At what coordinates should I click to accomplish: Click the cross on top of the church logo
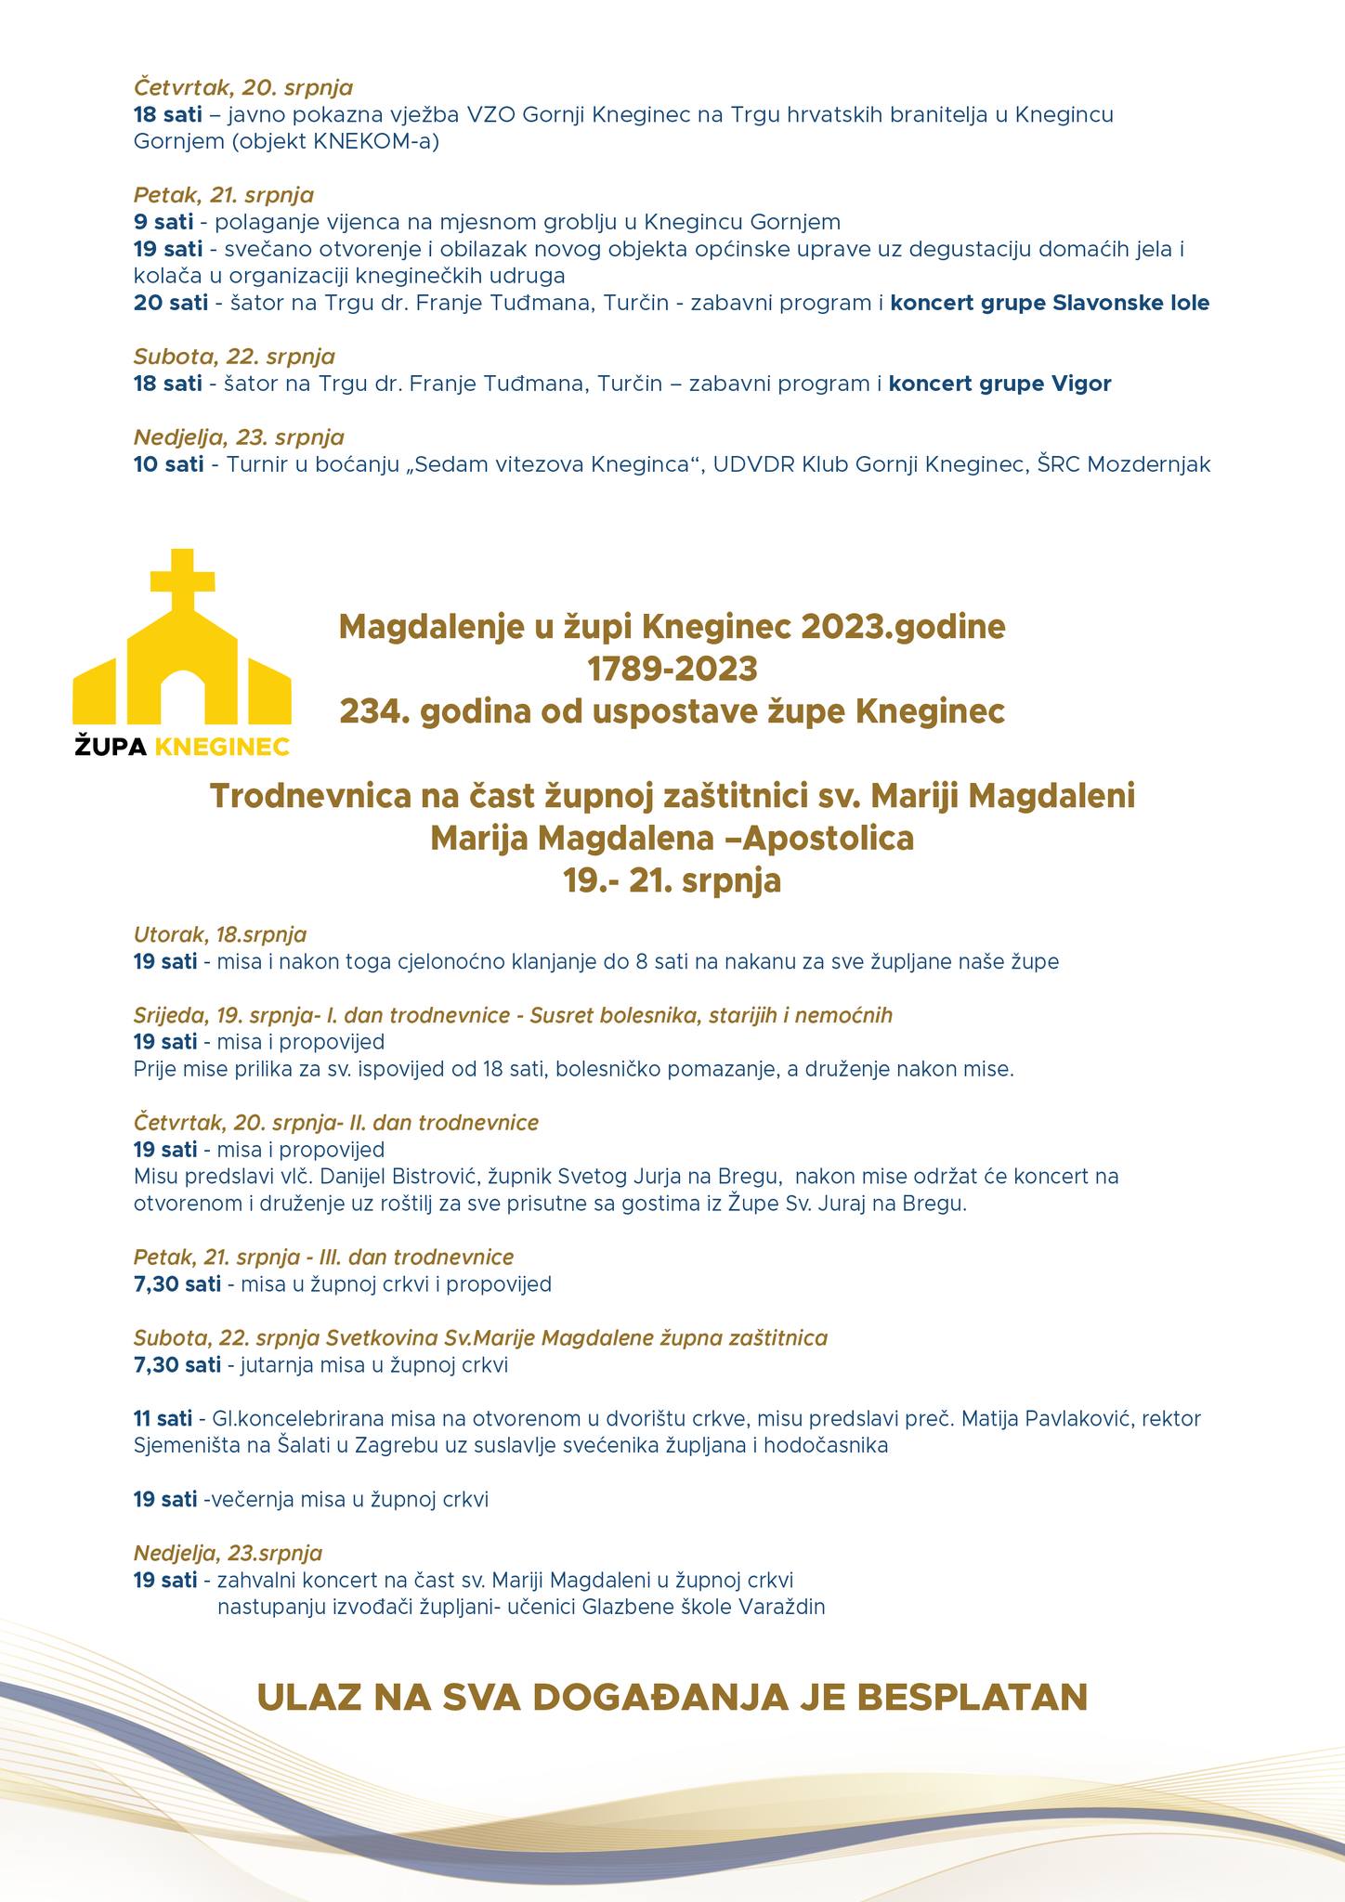point(183,578)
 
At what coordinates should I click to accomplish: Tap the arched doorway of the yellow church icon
point(183,692)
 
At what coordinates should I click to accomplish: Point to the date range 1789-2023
point(672,669)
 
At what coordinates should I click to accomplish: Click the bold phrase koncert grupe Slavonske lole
point(1050,303)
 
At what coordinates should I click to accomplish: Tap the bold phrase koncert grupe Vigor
point(999,384)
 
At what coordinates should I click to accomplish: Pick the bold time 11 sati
point(163,1419)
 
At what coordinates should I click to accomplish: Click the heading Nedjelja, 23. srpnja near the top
point(239,436)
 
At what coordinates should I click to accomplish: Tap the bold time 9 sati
point(163,222)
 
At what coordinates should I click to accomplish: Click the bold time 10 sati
point(168,464)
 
